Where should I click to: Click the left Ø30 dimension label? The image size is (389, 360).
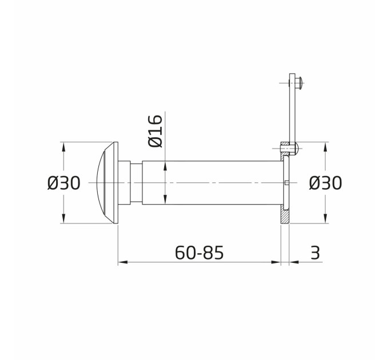64,183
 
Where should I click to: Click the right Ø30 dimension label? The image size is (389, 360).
326,183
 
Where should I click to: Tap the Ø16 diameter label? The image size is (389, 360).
155,131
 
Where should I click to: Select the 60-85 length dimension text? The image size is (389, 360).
199,253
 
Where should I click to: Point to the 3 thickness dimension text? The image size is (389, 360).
315,253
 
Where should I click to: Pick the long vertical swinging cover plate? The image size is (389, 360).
292,114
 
